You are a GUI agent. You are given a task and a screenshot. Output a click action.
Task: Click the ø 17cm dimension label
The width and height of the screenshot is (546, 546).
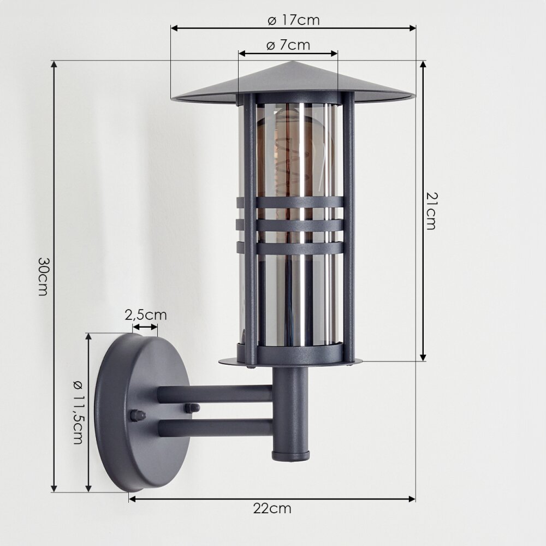point(294,20)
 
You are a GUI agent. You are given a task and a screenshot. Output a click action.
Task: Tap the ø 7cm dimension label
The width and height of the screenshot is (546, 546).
point(288,45)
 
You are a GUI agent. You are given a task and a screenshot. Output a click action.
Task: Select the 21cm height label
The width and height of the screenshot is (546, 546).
point(431,211)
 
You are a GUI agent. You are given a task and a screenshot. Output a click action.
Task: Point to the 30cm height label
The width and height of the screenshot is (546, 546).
point(43,276)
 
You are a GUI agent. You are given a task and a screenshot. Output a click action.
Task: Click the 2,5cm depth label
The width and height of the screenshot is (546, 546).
point(146,315)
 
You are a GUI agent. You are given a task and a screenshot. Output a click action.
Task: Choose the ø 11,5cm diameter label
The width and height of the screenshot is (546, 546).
point(78,412)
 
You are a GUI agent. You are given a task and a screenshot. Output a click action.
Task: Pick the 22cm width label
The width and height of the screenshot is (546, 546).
point(272,509)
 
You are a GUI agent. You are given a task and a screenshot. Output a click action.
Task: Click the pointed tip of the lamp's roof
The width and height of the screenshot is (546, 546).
point(293,62)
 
